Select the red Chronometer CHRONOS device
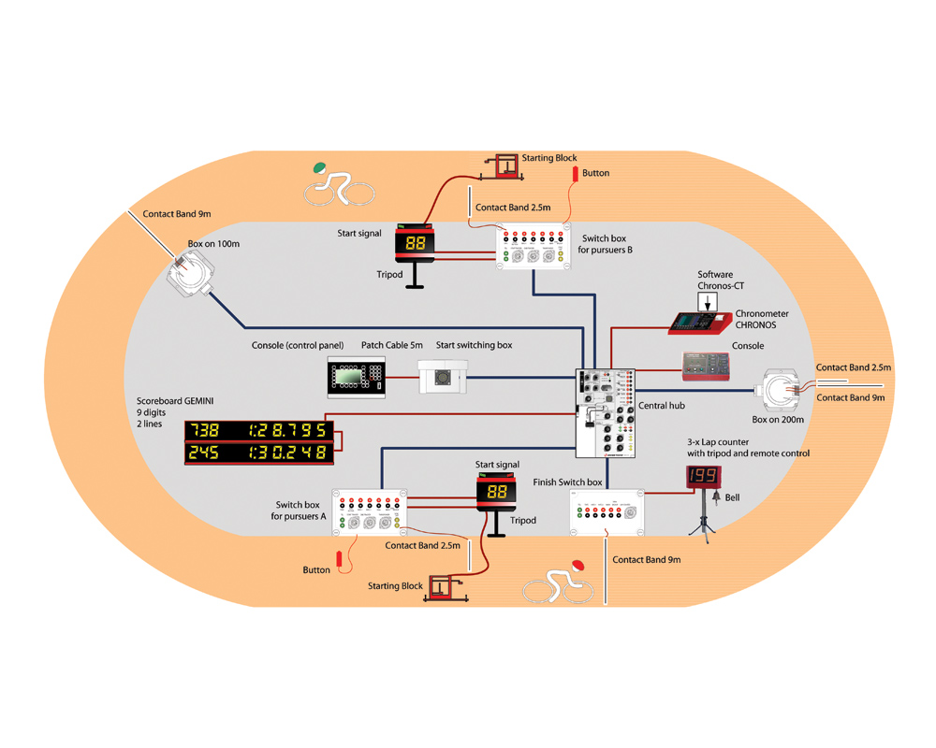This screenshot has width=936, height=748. (700, 323)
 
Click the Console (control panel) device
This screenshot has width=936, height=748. (357, 377)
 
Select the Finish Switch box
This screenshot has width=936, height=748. (607, 511)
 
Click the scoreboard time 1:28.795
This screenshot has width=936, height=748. (289, 430)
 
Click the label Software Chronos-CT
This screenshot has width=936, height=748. (715, 280)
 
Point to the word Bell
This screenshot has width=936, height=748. (732, 497)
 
